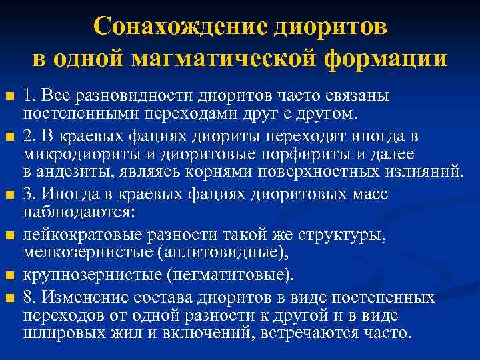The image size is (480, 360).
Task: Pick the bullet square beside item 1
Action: (x=9, y=96)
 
